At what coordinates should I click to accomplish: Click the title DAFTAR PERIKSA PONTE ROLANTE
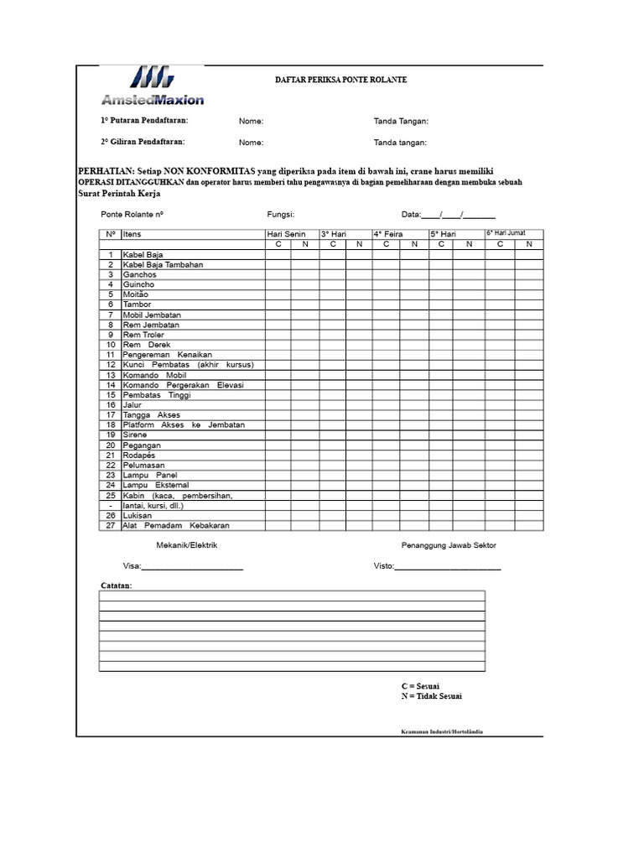point(341,80)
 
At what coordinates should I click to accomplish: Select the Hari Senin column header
point(286,233)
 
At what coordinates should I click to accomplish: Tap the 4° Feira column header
point(387,233)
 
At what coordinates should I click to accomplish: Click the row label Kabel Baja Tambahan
point(163,264)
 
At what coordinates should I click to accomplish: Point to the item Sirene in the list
point(134,435)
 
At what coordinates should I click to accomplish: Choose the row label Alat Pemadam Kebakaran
point(175,525)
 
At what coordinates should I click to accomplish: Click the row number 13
point(111,375)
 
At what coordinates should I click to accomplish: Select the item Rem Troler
point(143,335)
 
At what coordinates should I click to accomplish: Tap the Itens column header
point(133,233)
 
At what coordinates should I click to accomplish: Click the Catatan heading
point(117,584)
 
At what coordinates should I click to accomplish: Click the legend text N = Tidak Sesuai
point(432,696)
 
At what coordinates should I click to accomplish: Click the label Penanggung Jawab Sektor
point(449,545)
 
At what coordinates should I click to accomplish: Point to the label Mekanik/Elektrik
point(187,545)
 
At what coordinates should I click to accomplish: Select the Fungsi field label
point(280,214)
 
